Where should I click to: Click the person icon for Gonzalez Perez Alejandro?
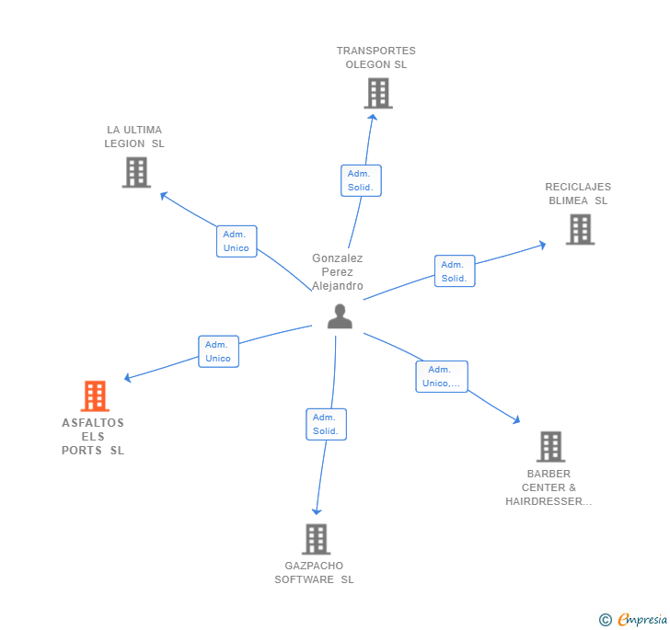click(x=340, y=316)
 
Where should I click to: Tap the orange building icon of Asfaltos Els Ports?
click(x=95, y=396)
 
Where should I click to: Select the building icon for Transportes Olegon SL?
click(x=377, y=93)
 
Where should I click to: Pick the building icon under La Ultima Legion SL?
click(x=135, y=172)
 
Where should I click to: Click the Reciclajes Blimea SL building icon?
click(x=580, y=229)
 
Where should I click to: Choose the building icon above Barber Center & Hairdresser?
click(x=550, y=446)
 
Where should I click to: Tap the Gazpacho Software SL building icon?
click(x=316, y=539)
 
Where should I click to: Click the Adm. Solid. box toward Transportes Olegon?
click(x=360, y=180)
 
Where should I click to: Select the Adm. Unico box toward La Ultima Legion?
click(x=237, y=241)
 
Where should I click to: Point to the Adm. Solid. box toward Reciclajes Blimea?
click(x=455, y=271)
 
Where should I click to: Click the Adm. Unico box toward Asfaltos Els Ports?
click(x=218, y=351)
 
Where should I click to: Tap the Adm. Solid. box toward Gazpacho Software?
click(x=326, y=424)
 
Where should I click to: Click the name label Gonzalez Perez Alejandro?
click(x=338, y=272)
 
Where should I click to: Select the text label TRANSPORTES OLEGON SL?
click(x=375, y=58)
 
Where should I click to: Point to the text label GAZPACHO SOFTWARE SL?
click(x=314, y=572)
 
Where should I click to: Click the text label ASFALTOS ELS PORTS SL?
click(x=93, y=437)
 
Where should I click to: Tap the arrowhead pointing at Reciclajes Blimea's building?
click(x=542, y=245)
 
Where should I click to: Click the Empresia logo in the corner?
click(x=642, y=619)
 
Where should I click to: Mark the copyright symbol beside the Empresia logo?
click(x=606, y=620)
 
